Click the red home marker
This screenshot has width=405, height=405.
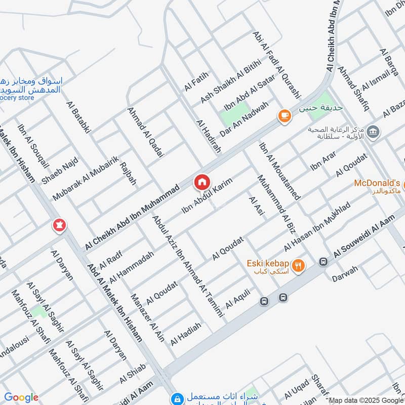click(x=201, y=182)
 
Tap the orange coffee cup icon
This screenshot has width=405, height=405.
click(x=285, y=116)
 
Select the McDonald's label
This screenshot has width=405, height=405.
click(x=377, y=183)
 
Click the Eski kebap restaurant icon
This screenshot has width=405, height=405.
click(x=299, y=265)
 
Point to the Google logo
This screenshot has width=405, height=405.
click(x=21, y=397)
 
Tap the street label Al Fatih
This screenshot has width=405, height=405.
click(x=196, y=82)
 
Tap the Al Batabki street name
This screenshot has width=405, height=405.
click(x=78, y=116)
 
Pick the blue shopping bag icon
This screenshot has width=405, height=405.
click(x=176, y=399)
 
